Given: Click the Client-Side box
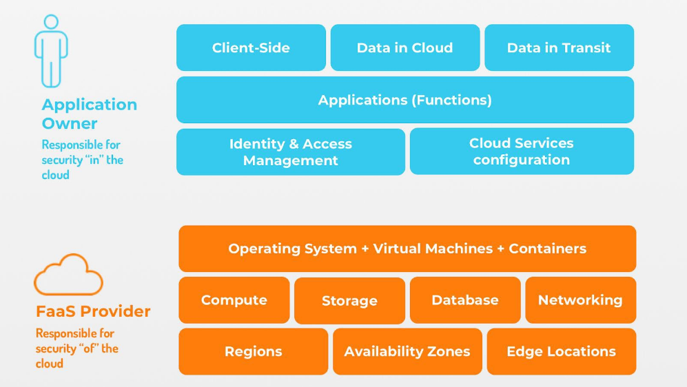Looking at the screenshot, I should pos(251,48).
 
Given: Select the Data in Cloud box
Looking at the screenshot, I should pos(404,48).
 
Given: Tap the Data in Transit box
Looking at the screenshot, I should pos(559,48).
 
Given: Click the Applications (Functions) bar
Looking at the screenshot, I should pos(404,100).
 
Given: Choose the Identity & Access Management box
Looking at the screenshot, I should pos(290,152).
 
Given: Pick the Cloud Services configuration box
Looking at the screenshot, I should pos(522,151).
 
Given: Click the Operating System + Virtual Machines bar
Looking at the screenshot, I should pos(407,249).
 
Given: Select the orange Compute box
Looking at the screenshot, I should pos(234,300).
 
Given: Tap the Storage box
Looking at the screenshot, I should pos(349,301).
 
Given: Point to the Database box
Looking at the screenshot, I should pos(465,300).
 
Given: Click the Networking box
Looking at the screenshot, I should pos(580,300).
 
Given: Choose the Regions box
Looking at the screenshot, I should pos(253,351).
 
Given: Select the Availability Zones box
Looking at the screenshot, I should pos(407,351).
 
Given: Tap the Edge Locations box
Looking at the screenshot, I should pos(561,351).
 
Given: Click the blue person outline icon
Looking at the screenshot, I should pos(52,51).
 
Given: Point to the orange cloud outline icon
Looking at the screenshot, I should pos(68,275).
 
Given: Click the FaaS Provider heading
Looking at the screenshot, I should pos(93,311).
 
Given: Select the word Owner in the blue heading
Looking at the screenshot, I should pos(70,124).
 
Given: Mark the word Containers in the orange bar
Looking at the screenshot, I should pos(547,249).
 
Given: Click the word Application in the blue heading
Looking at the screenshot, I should pos(90,105).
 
